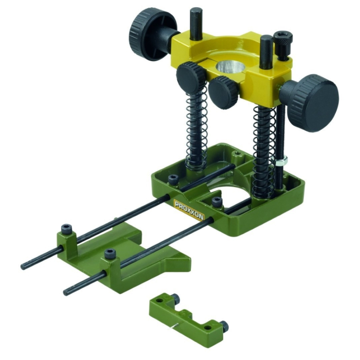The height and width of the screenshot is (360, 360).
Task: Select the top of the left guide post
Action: (x=196, y=11)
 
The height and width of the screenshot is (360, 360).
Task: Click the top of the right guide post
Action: (x=266, y=39)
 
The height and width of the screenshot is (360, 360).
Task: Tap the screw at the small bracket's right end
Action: (x=224, y=326)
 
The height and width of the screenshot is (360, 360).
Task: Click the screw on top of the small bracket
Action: (x=175, y=299)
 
